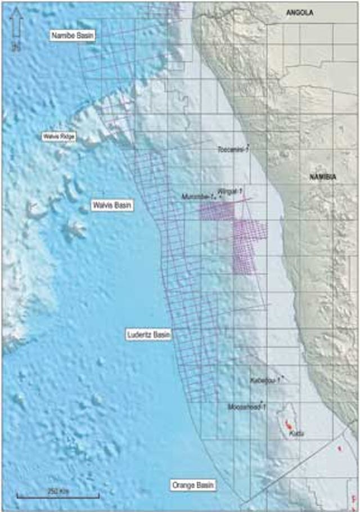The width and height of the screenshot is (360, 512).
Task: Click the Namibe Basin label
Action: click(73, 35)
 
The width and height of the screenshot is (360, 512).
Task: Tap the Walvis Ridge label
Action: click(59, 137)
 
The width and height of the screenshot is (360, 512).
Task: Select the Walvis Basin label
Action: click(112, 205)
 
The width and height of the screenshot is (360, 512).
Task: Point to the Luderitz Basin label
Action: click(148, 334)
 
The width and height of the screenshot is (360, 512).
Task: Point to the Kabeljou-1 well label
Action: click(265, 380)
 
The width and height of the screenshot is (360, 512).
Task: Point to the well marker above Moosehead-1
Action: click(262, 401)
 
